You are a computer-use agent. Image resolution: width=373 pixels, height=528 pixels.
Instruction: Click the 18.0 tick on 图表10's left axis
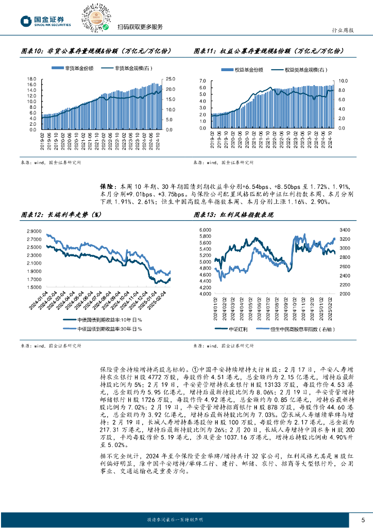click(31, 79)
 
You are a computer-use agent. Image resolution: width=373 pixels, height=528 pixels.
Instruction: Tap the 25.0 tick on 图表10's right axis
click(171, 79)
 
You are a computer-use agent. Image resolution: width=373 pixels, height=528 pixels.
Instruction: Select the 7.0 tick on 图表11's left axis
click(202, 81)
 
